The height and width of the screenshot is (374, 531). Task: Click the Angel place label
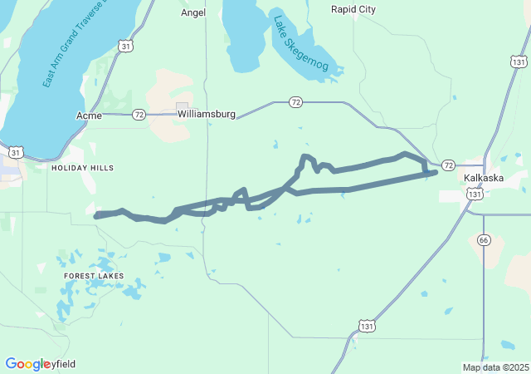tap(192, 12)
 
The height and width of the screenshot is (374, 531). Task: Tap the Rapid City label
tap(353, 9)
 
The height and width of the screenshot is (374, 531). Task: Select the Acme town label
tap(89, 115)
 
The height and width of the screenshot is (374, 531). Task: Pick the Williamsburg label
tap(207, 113)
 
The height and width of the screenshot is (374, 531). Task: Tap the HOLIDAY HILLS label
tap(82, 168)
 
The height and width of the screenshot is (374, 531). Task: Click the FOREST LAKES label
tap(94, 275)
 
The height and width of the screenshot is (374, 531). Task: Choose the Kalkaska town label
tap(483, 178)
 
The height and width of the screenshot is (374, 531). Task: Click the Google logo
tap(28, 364)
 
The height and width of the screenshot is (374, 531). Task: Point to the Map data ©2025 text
tap(495, 367)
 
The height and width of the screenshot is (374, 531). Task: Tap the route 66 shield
tap(485, 239)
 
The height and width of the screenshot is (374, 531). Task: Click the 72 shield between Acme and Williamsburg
tap(139, 114)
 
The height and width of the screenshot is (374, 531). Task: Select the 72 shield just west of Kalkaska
tap(448, 165)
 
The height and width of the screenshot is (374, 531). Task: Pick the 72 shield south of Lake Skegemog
tap(295, 101)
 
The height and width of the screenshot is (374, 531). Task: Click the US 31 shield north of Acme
tap(124, 47)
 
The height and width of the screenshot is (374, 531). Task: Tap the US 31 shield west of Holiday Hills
tap(16, 152)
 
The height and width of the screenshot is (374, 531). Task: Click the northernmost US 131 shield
tap(519, 62)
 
